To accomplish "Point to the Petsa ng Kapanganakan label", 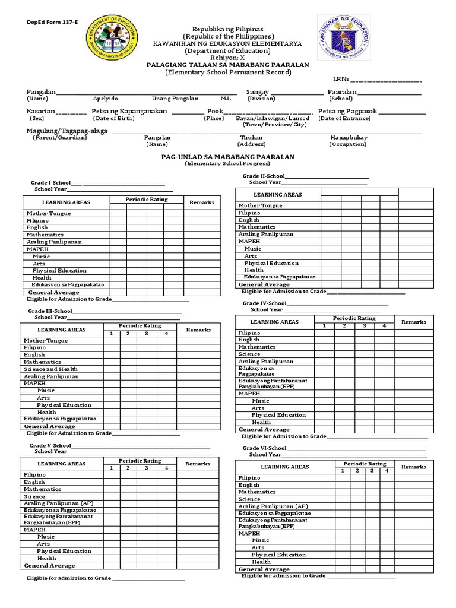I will click(x=129, y=111).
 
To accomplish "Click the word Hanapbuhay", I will click(x=349, y=137).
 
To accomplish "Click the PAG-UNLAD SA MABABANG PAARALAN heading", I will click(x=228, y=157).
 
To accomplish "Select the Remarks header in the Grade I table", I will click(x=201, y=202).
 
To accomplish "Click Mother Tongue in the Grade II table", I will click(x=260, y=205).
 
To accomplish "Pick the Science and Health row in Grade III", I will click(x=50, y=369).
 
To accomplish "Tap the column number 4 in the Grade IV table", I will click(x=384, y=326).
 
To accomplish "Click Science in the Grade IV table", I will click(x=249, y=354).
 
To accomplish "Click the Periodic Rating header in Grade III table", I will click(x=140, y=326).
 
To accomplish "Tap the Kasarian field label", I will click(x=41, y=111).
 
